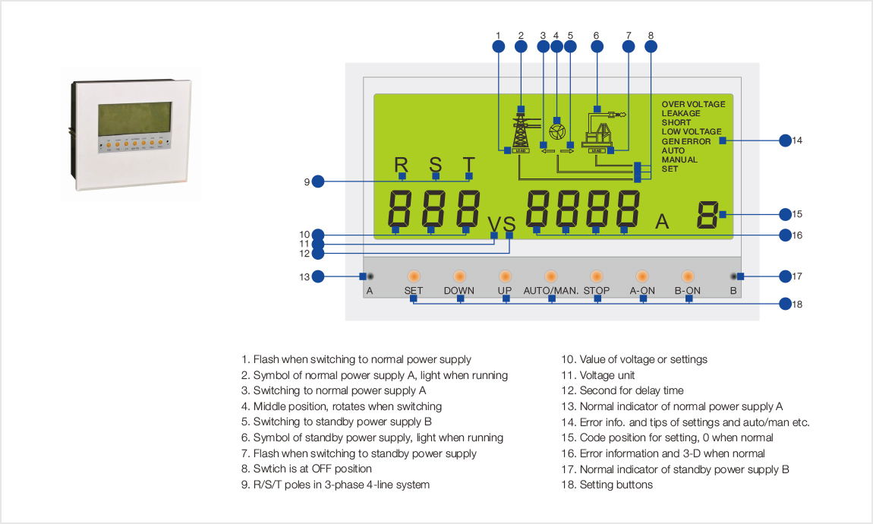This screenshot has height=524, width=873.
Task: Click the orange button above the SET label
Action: [414, 276]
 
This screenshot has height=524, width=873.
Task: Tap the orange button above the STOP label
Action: [597, 276]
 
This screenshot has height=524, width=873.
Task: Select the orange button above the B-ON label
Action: [688, 276]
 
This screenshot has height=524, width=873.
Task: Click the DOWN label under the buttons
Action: [459, 291]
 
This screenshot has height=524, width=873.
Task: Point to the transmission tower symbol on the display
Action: [521, 132]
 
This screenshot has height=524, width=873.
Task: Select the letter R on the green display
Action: [401, 165]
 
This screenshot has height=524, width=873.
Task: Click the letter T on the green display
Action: [469, 165]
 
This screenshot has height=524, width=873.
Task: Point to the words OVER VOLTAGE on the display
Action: [693, 104]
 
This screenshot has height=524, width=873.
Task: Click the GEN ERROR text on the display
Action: [686, 141]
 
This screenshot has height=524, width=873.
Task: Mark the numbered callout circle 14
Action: [786, 140]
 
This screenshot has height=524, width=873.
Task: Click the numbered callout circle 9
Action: [318, 182]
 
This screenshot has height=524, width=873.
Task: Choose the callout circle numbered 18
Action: [786, 304]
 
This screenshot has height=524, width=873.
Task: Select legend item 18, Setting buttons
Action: [607, 485]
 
